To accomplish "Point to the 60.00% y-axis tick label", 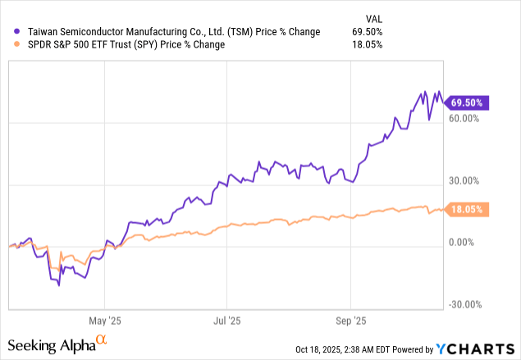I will [464, 118].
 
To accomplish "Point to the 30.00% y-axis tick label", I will [464, 180].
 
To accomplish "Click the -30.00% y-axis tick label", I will [464, 305].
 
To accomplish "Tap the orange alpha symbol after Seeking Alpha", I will [102, 339].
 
